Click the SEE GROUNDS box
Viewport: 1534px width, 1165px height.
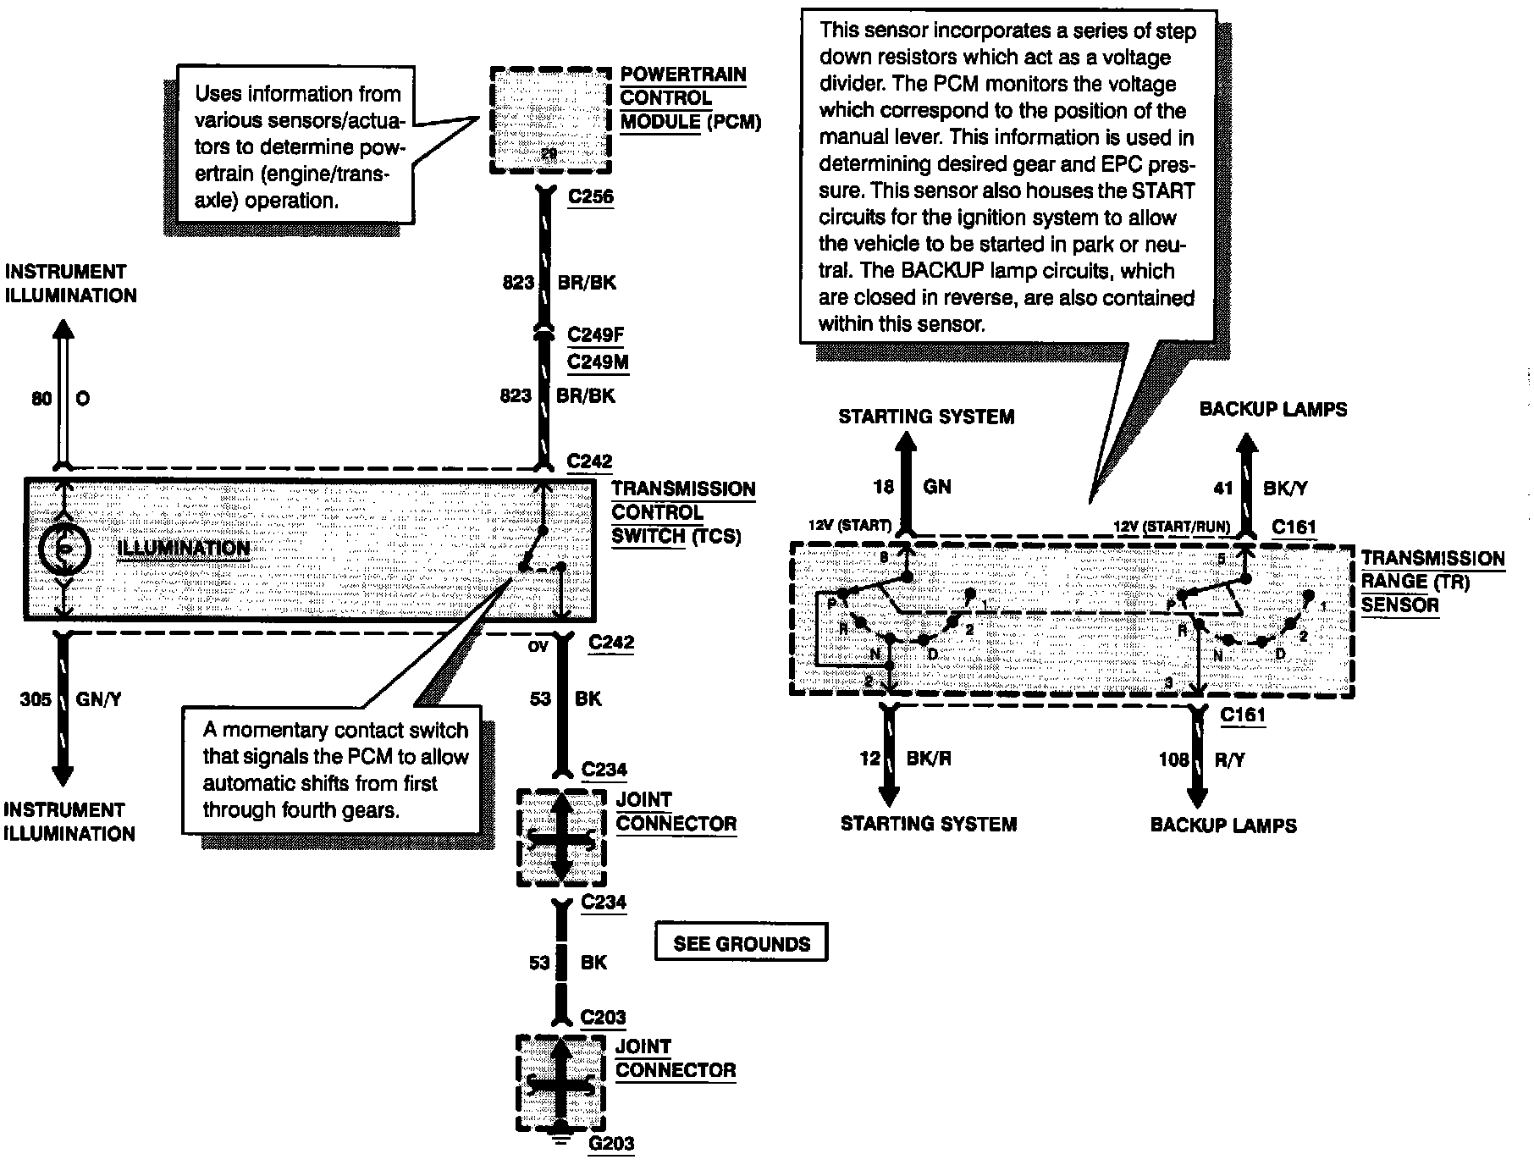[741, 943]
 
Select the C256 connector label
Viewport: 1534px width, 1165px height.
[590, 197]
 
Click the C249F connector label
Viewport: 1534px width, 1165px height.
[595, 334]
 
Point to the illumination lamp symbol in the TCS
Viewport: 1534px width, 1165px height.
[63, 548]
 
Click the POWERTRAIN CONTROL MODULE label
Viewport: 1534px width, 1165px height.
[689, 98]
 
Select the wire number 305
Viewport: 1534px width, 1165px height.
[36, 699]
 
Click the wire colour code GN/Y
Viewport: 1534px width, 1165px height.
[100, 699]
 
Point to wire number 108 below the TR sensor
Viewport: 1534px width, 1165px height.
[1173, 759]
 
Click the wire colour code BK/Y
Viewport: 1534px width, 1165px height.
[1285, 488]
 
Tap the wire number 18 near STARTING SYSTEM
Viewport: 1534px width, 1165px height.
[883, 487]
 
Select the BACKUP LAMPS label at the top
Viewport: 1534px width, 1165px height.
[1272, 409]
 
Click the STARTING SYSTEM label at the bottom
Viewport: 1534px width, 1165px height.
[928, 824]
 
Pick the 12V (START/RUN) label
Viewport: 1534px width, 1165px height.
[1171, 527]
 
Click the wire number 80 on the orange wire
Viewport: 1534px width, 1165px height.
[41, 398]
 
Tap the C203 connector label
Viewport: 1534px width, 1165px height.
[603, 1017]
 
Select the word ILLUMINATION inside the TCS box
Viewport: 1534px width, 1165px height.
[184, 548]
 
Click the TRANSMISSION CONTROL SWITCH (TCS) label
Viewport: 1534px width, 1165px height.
[682, 512]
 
